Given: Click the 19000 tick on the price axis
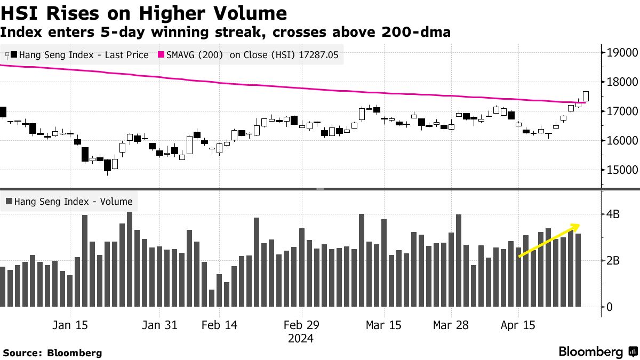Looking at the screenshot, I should pos(620,52).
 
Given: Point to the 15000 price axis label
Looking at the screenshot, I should pos(620,170).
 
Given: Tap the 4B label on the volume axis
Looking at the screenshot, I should pos(612,214).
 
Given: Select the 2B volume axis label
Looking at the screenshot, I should pos(612,261).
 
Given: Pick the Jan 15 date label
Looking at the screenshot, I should pos(70,325).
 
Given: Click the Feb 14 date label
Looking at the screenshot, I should pos(220,325).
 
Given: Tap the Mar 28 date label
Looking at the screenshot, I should pos(450,325).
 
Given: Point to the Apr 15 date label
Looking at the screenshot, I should pos(518,325).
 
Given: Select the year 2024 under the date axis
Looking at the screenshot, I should pos(301,338).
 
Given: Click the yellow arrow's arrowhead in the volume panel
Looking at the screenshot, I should pos(576,226).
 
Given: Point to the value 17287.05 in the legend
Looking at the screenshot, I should pos(319,55).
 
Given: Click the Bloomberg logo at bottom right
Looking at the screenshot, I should pos(597,351).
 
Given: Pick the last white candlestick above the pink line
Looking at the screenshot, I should pos(586,95).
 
